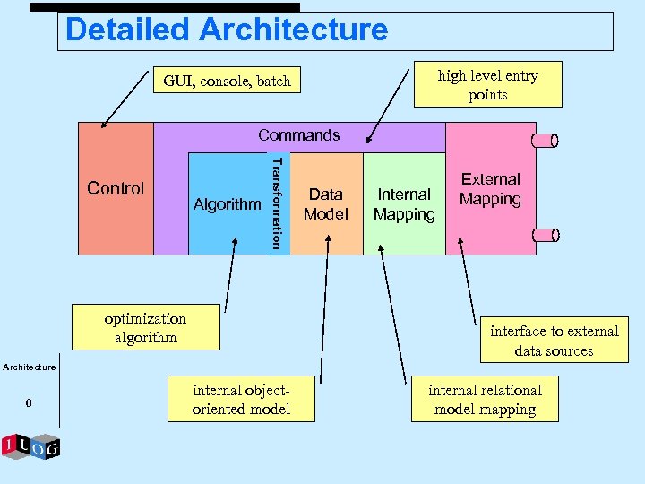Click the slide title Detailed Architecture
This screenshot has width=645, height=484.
tap(227, 30)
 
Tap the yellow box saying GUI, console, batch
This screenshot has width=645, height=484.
tap(227, 82)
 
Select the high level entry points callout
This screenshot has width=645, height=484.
tap(487, 85)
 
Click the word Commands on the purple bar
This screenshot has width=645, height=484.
tap(299, 135)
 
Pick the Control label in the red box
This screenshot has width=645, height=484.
tap(116, 188)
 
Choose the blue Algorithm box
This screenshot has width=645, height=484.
tap(228, 204)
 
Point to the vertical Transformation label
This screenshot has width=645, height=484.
tap(278, 203)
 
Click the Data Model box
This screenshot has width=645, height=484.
tap(325, 203)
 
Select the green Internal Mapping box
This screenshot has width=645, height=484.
tap(404, 203)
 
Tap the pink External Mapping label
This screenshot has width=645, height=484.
tap(490, 189)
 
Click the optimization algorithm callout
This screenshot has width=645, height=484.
tap(145, 328)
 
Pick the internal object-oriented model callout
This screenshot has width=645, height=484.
tap(241, 400)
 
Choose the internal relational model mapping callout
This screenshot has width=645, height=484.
tap(485, 400)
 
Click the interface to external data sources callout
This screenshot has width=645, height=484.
tap(554, 341)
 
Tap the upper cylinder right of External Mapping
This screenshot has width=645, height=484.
tap(545, 140)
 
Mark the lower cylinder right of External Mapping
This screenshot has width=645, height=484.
tap(545, 235)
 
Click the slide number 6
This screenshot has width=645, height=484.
tap(29, 404)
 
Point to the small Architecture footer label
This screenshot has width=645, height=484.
tap(29, 367)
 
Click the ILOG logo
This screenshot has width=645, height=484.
tap(30, 446)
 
